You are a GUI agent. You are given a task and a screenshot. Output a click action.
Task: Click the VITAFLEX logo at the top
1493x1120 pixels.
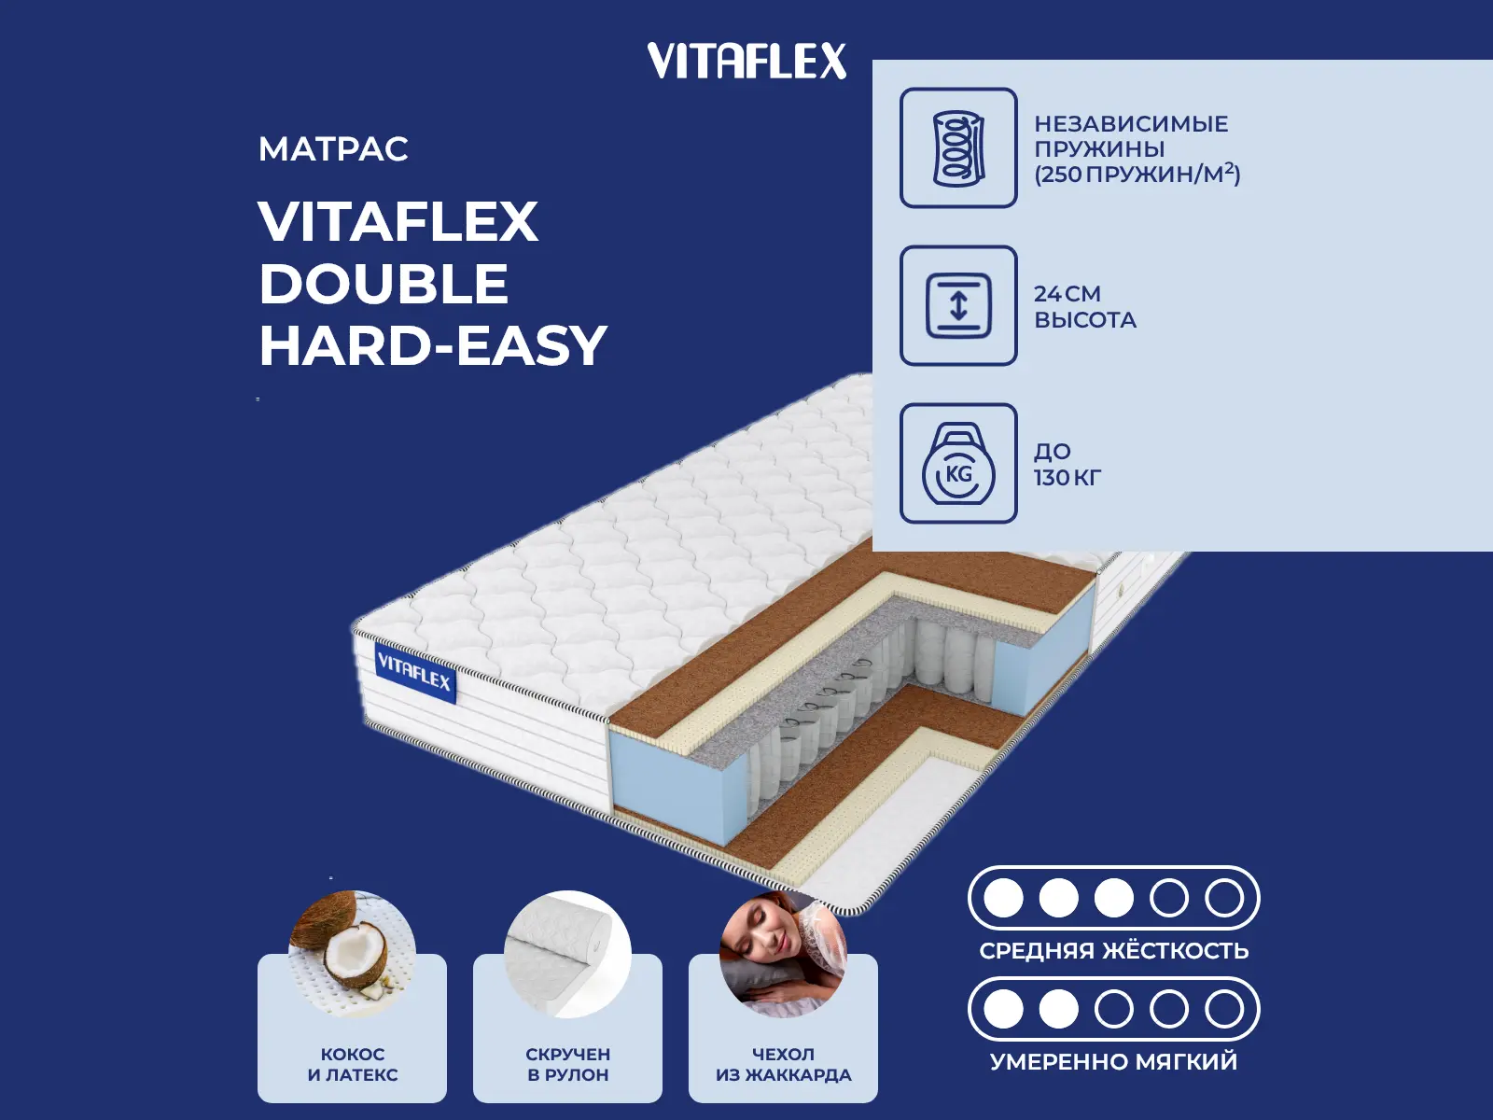tap(746, 61)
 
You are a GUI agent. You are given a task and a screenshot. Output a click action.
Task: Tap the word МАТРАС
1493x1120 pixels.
tap(333, 149)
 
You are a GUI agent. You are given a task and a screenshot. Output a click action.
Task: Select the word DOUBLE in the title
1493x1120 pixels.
tap(384, 284)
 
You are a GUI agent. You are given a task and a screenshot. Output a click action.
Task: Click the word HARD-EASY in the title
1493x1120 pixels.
tap(433, 345)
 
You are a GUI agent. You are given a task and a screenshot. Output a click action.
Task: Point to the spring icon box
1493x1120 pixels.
tap(958, 147)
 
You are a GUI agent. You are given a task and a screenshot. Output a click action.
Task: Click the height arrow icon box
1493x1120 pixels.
tap(958, 305)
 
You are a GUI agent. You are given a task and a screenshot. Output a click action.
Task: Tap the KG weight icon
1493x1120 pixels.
tap(958, 463)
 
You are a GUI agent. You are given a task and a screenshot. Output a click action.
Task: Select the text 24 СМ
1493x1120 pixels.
tap(1067, 294)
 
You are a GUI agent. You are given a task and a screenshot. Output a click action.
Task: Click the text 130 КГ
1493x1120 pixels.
tap(1067, 477)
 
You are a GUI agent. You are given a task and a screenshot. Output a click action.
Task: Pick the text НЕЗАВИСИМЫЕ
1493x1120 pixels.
tap(1131, 124)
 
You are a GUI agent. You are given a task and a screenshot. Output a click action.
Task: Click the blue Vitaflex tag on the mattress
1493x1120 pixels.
tap(415, 673)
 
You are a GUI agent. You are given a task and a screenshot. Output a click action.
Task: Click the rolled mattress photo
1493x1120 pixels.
tap(568, 954)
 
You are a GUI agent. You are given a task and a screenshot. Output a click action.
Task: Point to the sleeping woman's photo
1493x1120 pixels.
tap(784, 954)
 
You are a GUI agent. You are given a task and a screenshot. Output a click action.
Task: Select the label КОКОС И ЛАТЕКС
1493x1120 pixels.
tap(353, 1064)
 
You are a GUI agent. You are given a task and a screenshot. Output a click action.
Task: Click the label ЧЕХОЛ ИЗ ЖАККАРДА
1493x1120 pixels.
tap(784, 1064)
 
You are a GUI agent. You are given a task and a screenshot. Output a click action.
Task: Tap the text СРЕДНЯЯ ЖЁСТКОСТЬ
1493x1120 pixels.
tap(1114, 950)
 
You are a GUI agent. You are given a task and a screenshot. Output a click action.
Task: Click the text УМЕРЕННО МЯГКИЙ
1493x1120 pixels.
tap(1114, 1061)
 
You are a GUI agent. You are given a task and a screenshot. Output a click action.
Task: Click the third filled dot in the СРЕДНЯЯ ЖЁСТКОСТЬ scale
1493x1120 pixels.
tap(1113, 898)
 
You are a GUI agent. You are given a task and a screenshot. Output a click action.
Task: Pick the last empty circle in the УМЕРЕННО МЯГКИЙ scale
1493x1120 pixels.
tap(1224, 1009)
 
